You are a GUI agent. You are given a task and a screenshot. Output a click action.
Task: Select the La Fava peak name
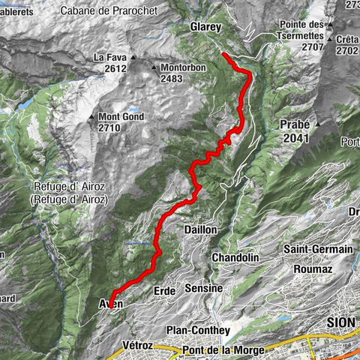tap(108, 57)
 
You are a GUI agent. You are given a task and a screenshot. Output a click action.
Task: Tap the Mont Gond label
tap(118, 118)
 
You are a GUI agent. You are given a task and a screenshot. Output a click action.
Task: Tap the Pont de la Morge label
tap(222, 350)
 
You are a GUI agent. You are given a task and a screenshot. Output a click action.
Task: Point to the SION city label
tap(340, 320)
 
